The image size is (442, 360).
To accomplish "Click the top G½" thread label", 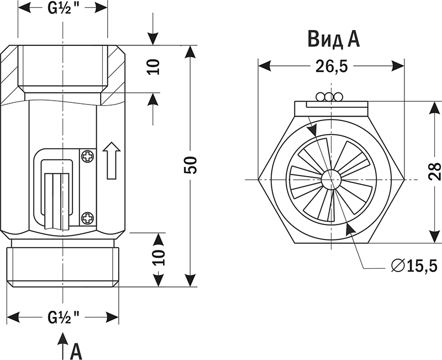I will coord(63,8).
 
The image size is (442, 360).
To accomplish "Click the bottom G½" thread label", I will coord(63,317).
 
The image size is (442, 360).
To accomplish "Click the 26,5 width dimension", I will coord(331,66).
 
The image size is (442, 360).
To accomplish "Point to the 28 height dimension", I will coord(434,171).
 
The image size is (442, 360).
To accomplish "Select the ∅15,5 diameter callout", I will coord(413,266).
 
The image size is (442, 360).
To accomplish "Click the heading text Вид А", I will coord(334,39).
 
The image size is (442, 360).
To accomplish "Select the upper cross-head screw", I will coord(87,156).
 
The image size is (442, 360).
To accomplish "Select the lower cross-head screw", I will coord(87,217).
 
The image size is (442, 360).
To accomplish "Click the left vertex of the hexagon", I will coord(259,178).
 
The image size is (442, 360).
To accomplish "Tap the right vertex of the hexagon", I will coord(404,178).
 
